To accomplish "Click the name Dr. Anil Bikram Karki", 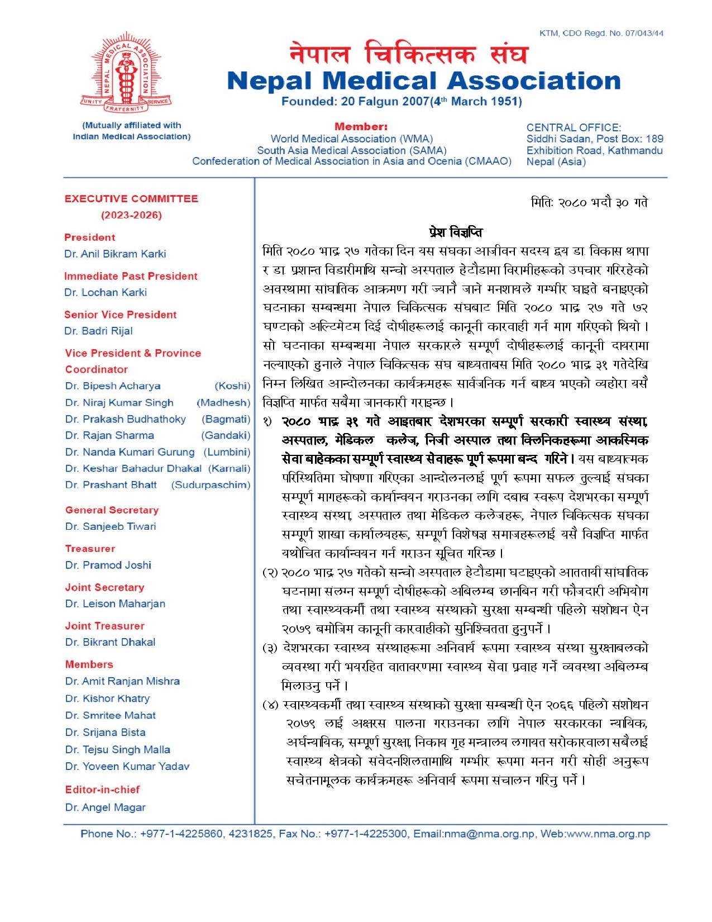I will [115, 254].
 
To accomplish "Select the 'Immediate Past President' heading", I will [131, 276].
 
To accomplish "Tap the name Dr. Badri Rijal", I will [99, 331].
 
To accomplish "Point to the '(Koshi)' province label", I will [232, 386].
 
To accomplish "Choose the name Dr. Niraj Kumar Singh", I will [120, 403].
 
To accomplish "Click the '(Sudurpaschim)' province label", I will [211, 485].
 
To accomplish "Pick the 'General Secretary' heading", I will [112, 510].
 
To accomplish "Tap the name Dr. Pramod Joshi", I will [108, 565].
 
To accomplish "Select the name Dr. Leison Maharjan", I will [115, 603].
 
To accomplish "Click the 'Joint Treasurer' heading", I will [104, 626].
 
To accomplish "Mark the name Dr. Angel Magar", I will [105, 807].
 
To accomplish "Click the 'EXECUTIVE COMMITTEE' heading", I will [131, 199].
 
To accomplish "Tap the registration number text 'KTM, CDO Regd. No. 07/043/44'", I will [601, 33].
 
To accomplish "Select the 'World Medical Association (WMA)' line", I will [352, 139].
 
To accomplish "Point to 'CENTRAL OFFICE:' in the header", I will [574, 127].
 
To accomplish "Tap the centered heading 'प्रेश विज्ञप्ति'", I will [456, 232].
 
